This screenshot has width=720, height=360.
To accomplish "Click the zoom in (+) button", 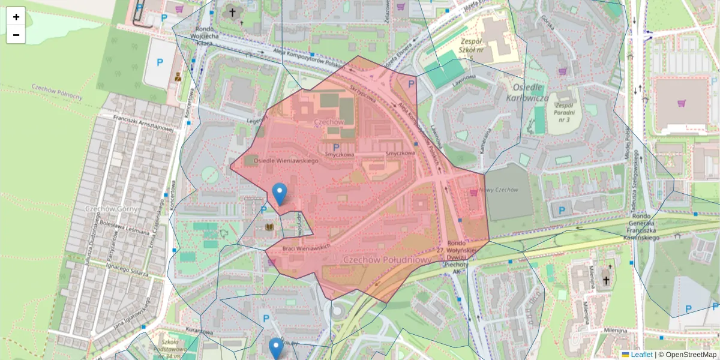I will coord(16,17).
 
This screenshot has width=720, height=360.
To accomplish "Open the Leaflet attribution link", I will coord(641,355).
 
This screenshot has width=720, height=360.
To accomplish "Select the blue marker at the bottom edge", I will coord(276,348).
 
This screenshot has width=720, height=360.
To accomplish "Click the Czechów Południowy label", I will coord(387,259).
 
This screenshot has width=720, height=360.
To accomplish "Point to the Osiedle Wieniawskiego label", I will coord(286,161).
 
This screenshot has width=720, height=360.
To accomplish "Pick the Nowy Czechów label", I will coord(499,190).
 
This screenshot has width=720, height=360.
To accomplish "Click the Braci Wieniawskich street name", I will coord(307,247).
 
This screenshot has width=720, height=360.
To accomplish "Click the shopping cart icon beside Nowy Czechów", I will coord(474,193).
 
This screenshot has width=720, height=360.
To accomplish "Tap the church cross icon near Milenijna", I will coord(605,280).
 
